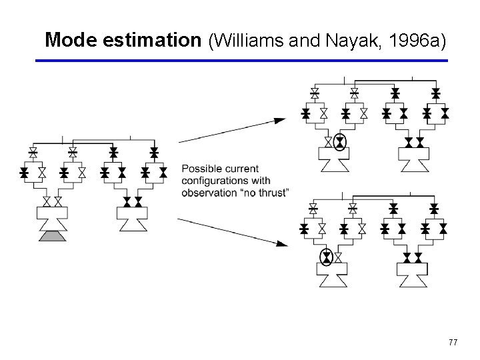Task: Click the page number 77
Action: [453, 343]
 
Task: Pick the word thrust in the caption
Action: [273, 193]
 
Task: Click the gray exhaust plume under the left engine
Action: [51, 236]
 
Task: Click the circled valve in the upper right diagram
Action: [339, 142]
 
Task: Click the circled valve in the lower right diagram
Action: [326, 257]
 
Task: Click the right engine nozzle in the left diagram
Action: [132, 219]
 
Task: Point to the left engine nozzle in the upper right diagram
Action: [333, 161]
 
